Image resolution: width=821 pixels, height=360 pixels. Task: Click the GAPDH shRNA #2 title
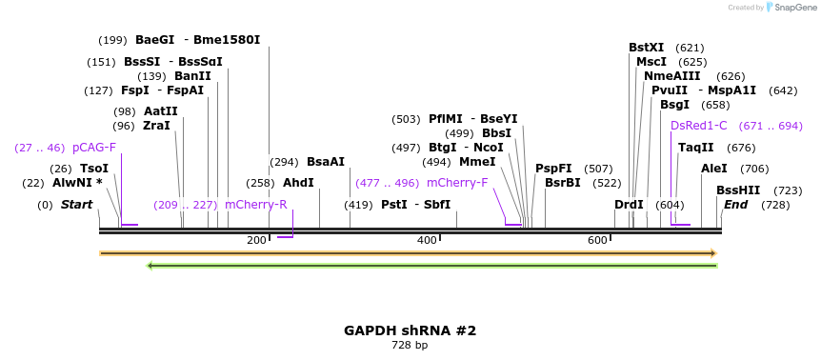tap(410, 330)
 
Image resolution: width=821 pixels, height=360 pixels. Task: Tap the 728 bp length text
tap(410, 346)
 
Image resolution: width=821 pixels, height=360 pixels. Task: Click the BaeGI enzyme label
tap(154, 40)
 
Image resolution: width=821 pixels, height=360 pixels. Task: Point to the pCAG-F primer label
tap(94, 148)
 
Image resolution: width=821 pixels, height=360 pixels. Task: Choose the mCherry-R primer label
tap(255, 205)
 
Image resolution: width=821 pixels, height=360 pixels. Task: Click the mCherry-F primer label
tap(457, 183)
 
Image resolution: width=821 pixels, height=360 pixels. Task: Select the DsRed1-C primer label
tap(699, 126)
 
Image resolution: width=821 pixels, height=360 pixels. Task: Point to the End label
tap(736, 205)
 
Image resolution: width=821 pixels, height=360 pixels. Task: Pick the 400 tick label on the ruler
tap(427, 240)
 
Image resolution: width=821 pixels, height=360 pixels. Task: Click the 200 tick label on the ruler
tap(256, 240)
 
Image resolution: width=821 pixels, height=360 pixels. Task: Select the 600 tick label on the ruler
tap(597, 240)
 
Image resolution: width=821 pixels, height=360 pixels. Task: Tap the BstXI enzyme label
tap(647, 48)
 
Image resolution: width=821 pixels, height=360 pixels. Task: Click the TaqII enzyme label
tap(696, 148)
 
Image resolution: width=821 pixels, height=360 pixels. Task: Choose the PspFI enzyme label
tap(553, 169)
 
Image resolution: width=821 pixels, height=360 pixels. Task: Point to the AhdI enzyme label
tap(298, 183)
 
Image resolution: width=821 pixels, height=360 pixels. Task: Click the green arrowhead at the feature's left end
tap(150, 265)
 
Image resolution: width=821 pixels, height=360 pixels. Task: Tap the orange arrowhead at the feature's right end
tap(712, 253)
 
